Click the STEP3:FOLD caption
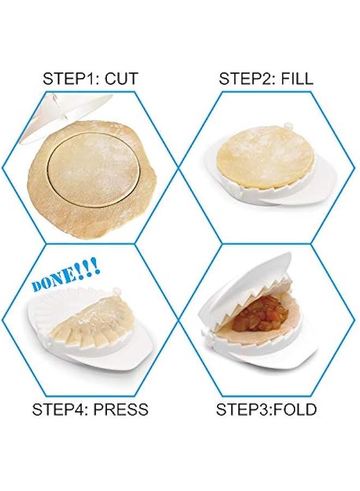(266, 409)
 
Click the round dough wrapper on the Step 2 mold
(265, 155)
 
